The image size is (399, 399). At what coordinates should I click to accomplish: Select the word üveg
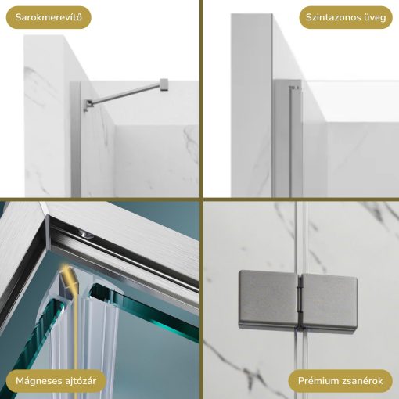pyautogui.click(x=373, y=17)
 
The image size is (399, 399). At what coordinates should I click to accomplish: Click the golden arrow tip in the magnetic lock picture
pyautogui.click(x=68, y=270)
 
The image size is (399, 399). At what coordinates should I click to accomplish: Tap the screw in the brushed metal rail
pyautogui.click(x=84, y=234)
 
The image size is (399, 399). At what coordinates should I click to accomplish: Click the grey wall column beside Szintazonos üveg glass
pyautogui.click(x=250, y=102)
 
